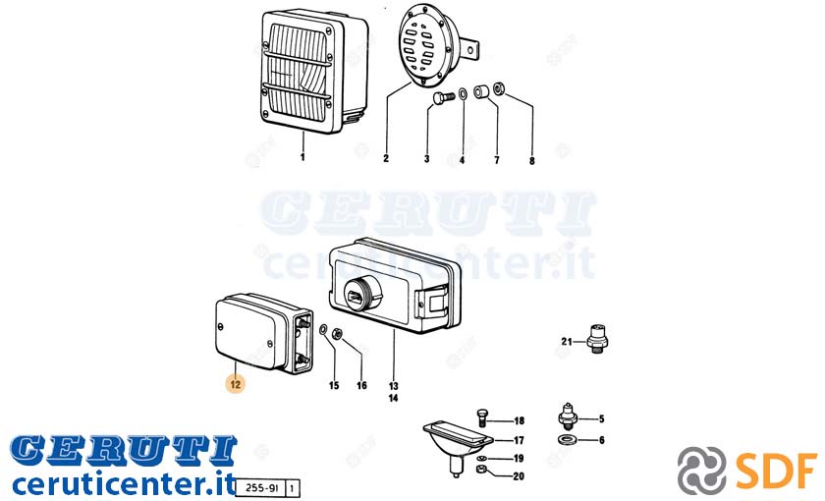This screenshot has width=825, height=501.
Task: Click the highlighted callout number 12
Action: [235, 384]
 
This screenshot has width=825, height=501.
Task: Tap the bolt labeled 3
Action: [443, 97]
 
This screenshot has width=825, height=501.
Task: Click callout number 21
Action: [566, 342]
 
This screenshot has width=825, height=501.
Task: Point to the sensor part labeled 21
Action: [597, 339]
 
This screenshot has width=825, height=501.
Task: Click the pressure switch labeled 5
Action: [568, 418]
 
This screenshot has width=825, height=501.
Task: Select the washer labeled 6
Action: [567, 439]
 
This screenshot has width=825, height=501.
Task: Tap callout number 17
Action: [519, 440]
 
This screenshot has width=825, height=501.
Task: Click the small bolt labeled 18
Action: [482, 417]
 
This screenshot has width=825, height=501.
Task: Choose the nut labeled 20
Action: [481, 469]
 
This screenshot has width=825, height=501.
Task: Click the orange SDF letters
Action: [777, 470]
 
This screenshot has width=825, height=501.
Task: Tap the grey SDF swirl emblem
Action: [701, 471]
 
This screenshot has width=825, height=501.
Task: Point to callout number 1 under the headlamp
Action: [302, 157]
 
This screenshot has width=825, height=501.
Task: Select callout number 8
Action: [532, 160]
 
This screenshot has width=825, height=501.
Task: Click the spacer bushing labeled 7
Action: [480, 92]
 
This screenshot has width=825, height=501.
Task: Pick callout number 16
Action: [361, 385]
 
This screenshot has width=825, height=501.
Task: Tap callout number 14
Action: [393, 398]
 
